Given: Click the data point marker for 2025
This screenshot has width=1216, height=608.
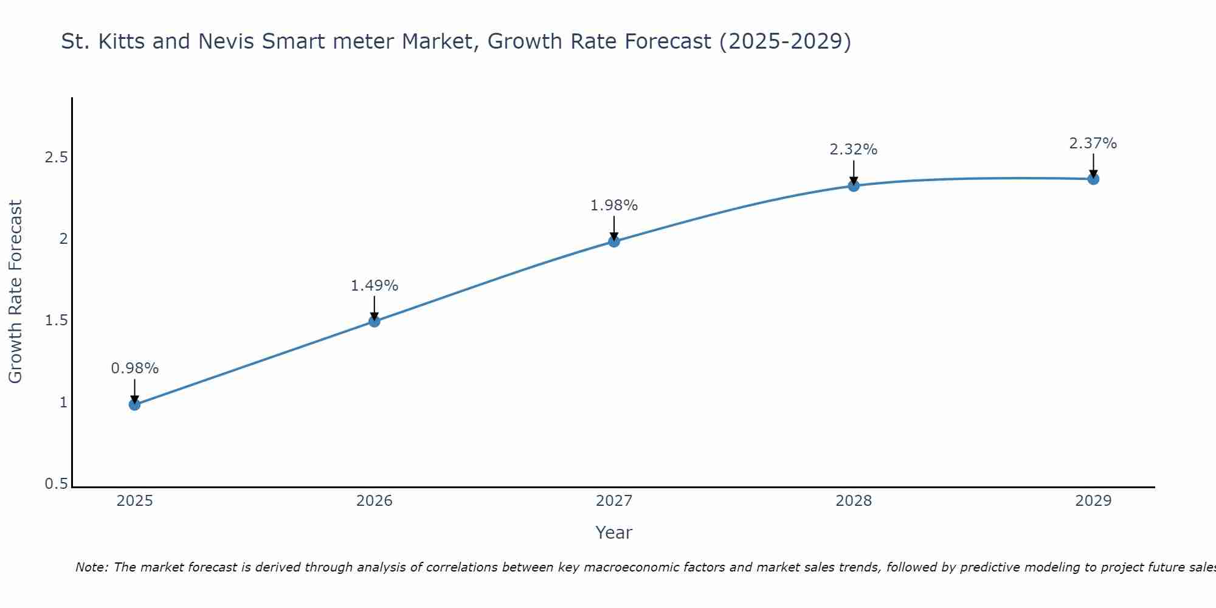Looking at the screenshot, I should (135, 404).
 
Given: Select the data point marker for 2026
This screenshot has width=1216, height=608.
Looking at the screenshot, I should (375, 321).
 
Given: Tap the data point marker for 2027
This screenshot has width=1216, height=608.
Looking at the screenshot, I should (614, 241).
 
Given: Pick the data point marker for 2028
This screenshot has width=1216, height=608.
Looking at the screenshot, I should (854, 185).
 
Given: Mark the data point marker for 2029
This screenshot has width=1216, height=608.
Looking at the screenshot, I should (1093, 179).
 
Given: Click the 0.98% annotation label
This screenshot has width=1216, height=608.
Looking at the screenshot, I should (135, 368).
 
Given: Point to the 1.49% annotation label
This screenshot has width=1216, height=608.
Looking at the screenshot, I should (375, 286).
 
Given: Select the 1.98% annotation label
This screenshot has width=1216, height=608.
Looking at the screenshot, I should (614, 206).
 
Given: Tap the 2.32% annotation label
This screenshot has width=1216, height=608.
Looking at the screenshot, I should (854, 150).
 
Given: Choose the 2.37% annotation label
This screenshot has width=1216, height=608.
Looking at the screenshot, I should (1093, 143).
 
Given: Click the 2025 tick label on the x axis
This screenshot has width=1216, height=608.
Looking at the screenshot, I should (135, 501).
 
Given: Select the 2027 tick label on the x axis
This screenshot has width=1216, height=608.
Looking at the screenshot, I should (614, 501).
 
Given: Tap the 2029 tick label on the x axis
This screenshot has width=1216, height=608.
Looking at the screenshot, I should (1093, 501).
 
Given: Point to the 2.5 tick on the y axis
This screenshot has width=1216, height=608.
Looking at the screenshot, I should (56, 157).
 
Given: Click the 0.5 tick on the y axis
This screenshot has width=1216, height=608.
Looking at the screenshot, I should (56, 484).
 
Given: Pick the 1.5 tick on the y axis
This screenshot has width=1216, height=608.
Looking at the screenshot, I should (56, 320).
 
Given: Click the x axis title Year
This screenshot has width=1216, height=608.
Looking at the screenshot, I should (614, 533).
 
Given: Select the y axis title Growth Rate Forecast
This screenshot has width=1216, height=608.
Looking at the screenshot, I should (16, 292).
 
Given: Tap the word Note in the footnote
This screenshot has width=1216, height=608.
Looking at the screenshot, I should (91, 567).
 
